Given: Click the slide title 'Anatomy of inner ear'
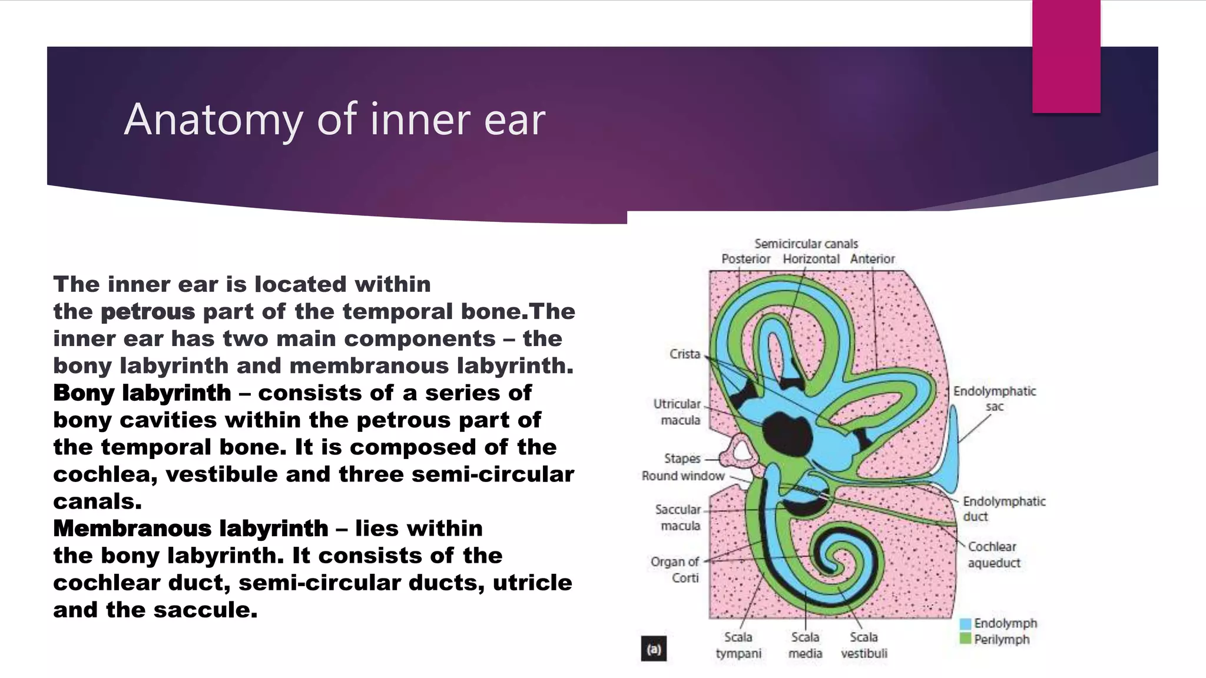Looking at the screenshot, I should coord(334,119).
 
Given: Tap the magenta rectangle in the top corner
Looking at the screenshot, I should coord(1066,56).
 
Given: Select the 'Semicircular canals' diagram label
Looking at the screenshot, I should coord(806,244).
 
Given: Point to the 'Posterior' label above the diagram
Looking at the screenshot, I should coord(746,259).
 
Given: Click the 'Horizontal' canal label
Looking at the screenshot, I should coord(811,259).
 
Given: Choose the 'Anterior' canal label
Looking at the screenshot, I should coord(872,259).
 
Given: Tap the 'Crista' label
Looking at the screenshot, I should coord(685,354).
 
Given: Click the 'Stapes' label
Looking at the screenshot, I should coord(682,458).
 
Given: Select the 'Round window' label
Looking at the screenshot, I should coord(683,476).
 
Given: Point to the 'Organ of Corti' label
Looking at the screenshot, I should coord(675,570).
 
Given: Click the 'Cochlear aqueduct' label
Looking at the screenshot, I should coord(994,554).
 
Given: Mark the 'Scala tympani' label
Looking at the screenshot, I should coord(738,645).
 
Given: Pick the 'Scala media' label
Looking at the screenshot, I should coord(805,645).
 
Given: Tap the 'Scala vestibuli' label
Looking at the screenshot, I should coord(864,645).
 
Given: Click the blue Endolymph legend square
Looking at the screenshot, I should coord(965,624).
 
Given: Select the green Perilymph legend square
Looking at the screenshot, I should coord(965,639).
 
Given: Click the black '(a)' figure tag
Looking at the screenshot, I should coord(654,650).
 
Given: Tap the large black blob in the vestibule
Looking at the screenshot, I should coord(788,434).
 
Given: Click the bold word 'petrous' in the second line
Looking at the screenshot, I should coord(148,311).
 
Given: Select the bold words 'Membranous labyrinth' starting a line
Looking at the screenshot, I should coord(191,529).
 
